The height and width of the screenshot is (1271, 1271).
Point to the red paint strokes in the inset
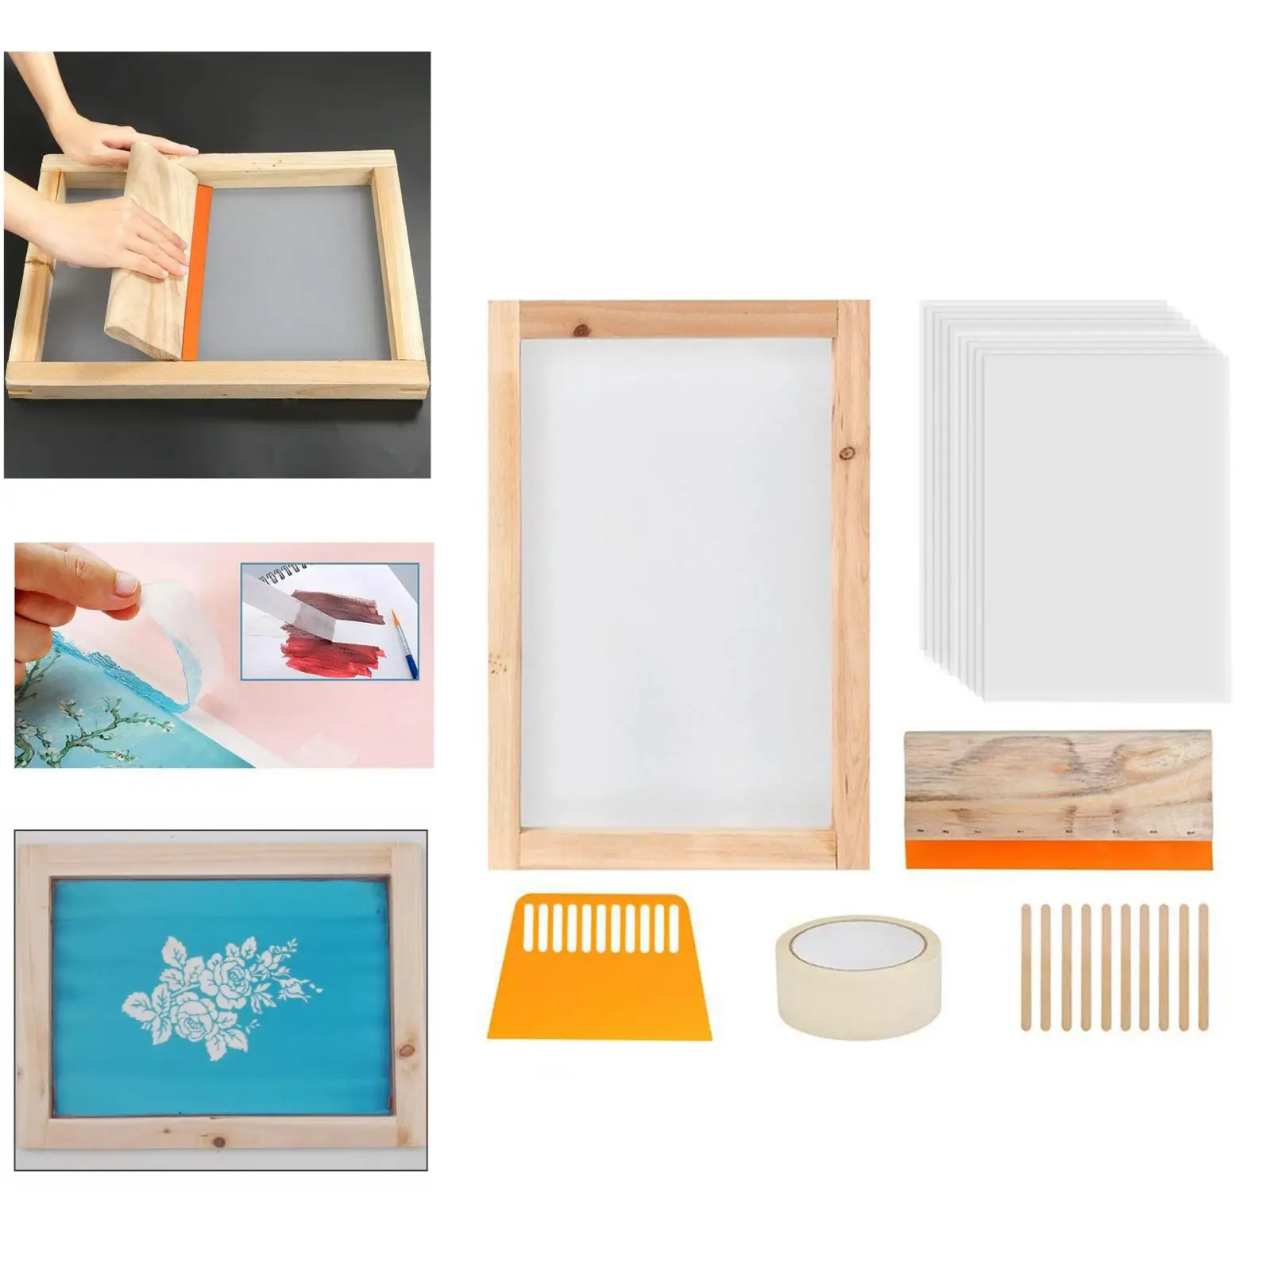[334, 656]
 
